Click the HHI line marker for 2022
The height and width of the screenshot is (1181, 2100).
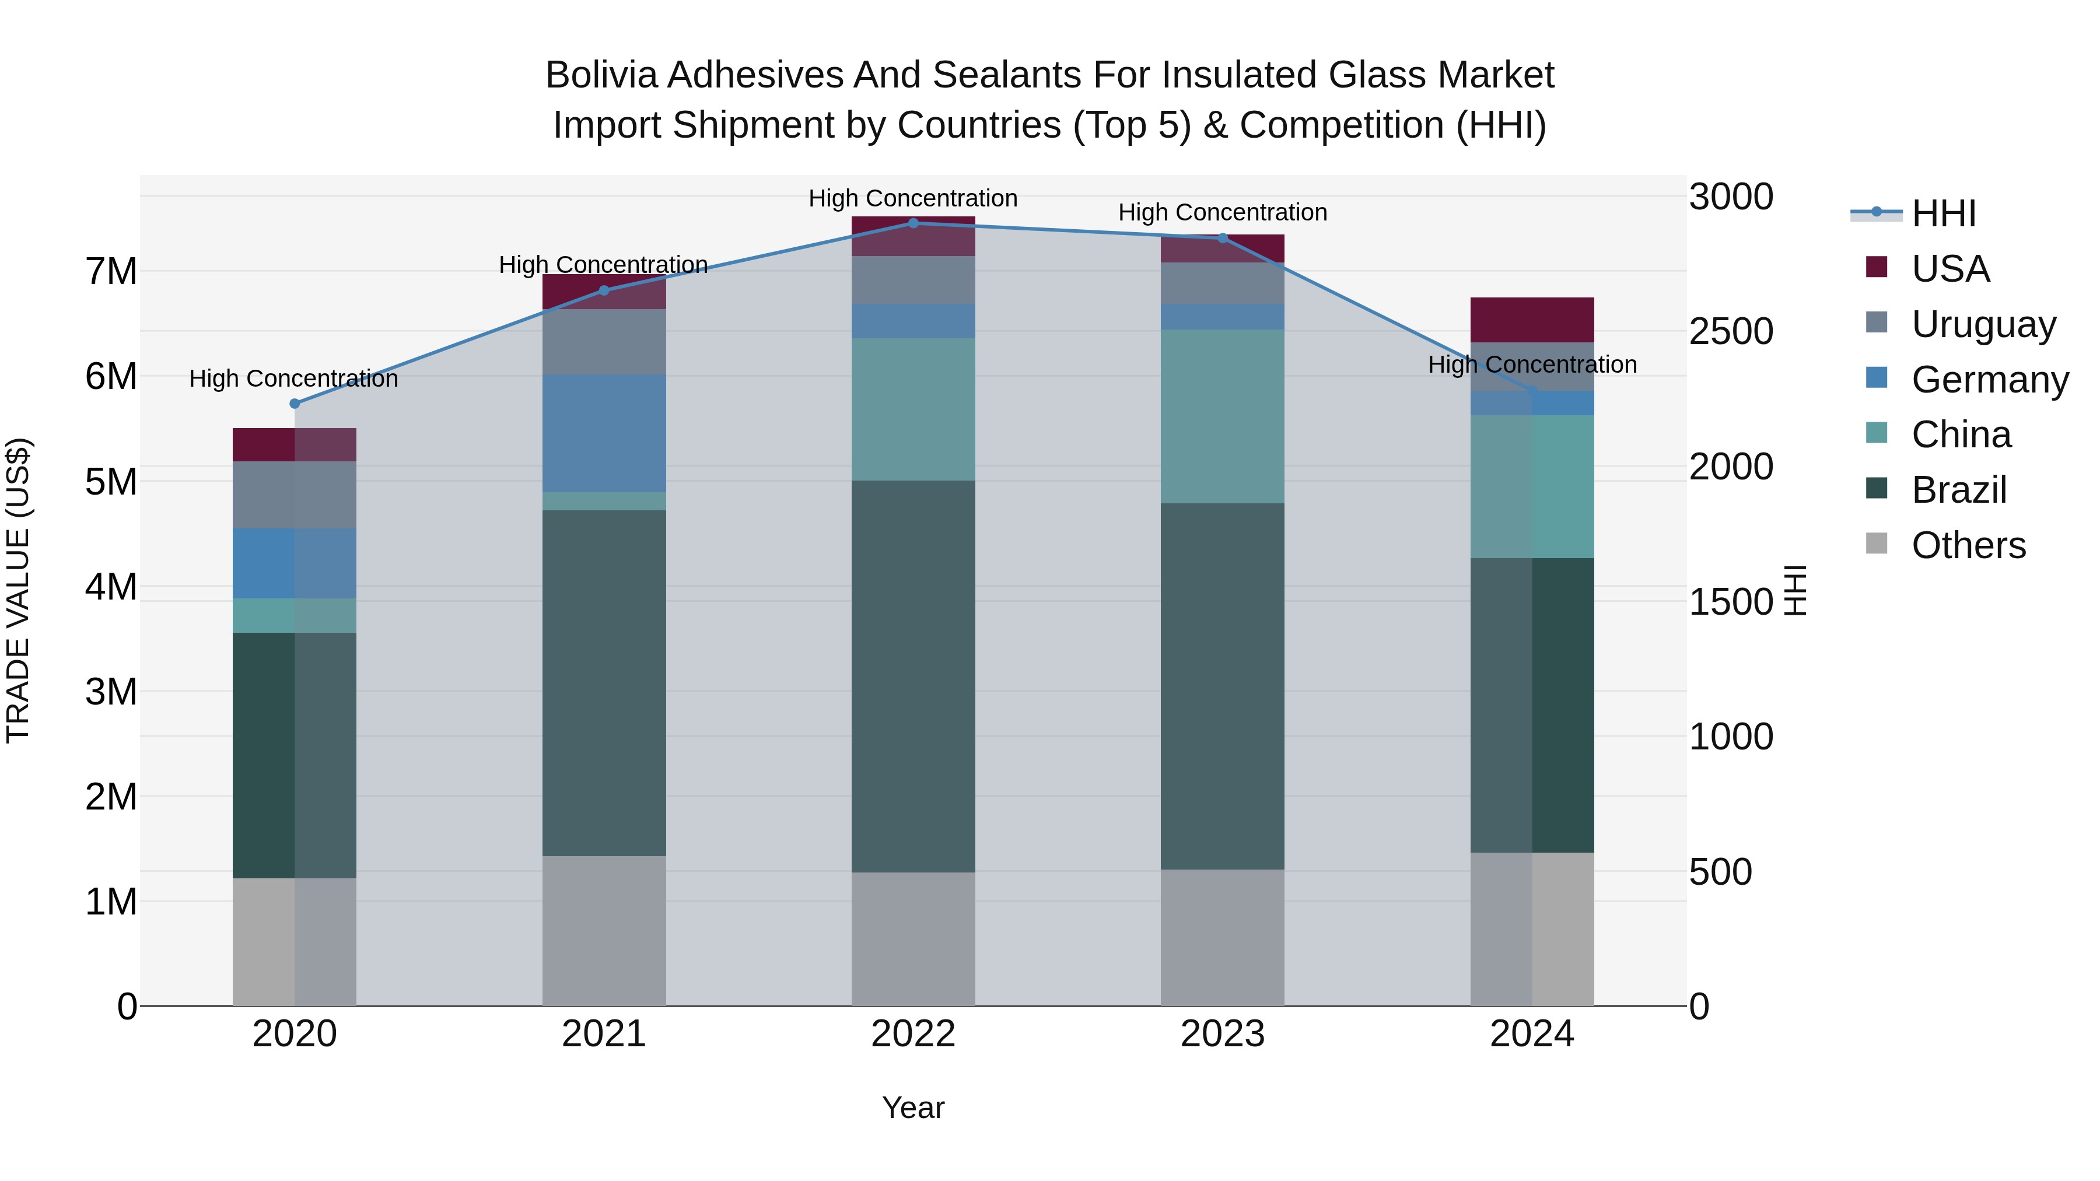tap(913, 223)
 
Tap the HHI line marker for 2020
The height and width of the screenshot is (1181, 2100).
tap(295, 404)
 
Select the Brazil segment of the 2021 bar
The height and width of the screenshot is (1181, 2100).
tap(604, 682)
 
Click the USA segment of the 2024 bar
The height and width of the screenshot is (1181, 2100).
tap(1532, 320)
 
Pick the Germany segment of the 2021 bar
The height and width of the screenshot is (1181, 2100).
tap(604, 433)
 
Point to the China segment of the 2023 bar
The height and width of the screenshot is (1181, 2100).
tap(1222, 416)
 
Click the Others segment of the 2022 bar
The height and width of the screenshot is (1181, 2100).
tap(913, 939)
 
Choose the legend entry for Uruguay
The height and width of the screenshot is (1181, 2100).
tap(1983, 324)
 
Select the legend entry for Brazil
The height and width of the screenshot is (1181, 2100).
tap(1958, 490)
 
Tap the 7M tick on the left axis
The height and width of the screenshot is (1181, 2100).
tap(111, 271)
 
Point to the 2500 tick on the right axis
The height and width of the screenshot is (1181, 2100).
tap(1731, 332)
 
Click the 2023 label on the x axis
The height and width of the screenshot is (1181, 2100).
tap(1222, 1034)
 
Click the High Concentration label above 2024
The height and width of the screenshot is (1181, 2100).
tap(1532, 365)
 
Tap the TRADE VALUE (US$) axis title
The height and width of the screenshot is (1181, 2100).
tap(19, 590)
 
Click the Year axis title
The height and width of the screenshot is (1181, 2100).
tap(913, 1108)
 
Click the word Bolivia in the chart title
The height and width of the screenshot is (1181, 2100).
tap(601, 75)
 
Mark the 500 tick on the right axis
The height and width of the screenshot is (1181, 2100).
tap(1720, 872)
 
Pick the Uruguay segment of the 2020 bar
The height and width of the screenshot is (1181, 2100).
tap(295, 495)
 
